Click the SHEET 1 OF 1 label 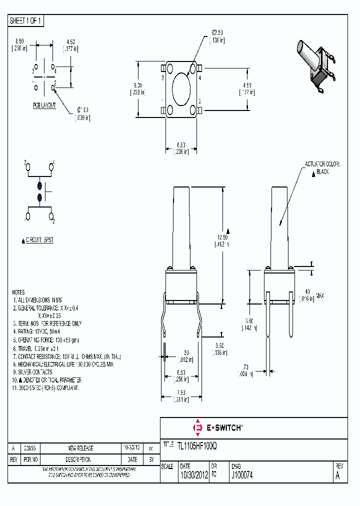(26, 21)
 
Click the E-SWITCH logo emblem (197, 427)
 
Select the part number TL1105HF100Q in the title (196, 445)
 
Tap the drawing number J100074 (242, 476)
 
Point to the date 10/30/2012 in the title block (194, 476)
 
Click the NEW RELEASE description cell (80, 448)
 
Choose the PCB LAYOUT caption (44, 105)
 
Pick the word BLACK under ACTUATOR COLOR (322, 171)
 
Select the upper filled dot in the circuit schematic (39, 185)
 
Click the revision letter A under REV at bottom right (337, 476)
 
